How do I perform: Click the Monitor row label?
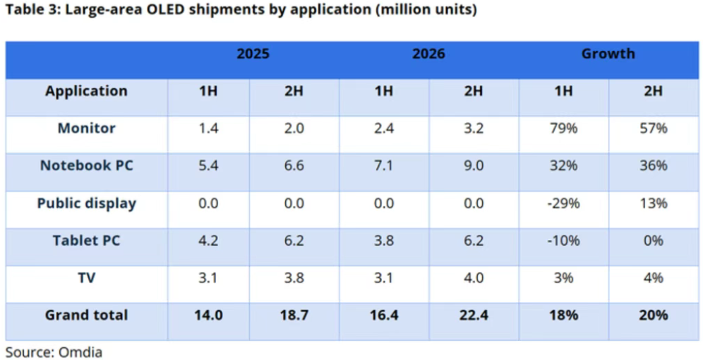click(x=87, y=128)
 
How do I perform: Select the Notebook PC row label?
click(x=87, y=166)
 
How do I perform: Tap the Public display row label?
click(x=87, y=203)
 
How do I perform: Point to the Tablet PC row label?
click(x=87, y=241)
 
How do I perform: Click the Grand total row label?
click(x=87, y=315)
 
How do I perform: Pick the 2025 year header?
click(x=253, y=54)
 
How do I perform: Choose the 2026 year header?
click(x=429, y=54)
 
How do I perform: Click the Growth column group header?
click(x=608, y=54)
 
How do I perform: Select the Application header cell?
click(x=87, y=91)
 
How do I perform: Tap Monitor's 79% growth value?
click(x=563, y=128)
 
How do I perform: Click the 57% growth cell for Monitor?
click(x=654, y=128)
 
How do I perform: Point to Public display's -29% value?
click(x=563, y=203)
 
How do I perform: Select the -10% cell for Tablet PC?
click(x=563, y=241)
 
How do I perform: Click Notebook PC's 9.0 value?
click(x=474, y=166)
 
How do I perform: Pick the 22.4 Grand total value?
click(x=474, y=315)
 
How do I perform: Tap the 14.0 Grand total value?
click(x=208, y=315)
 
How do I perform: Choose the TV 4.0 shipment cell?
click(x=474, y=278)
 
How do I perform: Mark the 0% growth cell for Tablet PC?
click(x=654, y=241)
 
